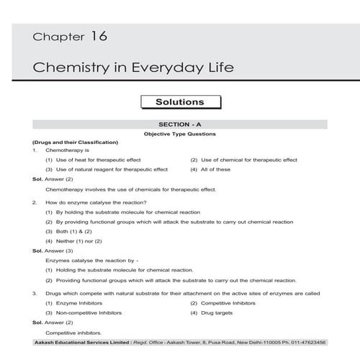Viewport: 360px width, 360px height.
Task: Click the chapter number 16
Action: tap(99, 35)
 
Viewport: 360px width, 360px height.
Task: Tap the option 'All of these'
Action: tap(215, 170)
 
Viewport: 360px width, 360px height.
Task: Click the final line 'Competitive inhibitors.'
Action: tap(73, 333)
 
